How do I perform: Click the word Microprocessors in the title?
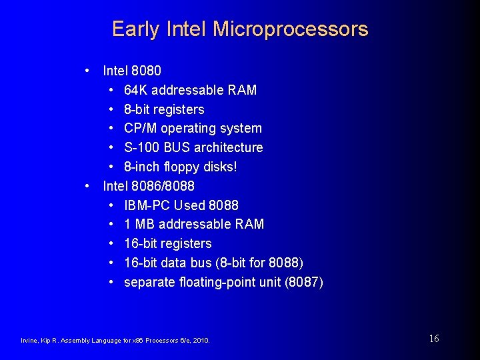[290, 29]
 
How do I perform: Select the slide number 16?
[433, 339]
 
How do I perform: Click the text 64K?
[136, 90]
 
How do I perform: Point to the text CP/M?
[141, 128]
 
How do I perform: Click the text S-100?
[141, 147]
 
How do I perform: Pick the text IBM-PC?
[147, 205]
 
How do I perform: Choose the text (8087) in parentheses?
[304, 282]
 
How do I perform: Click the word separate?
[150, 282]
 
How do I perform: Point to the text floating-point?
[217, 282]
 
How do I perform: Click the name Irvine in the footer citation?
[30, 341]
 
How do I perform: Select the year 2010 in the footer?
[201, 341]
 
